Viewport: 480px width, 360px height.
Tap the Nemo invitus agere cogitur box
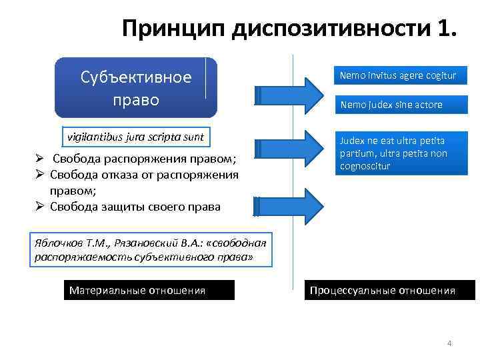(x=398, y=75)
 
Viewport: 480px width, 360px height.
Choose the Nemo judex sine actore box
(x=398, y=105)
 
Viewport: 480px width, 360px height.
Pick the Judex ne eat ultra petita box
(x=398, y=154)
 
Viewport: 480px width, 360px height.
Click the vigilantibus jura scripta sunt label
(x=135, y=137)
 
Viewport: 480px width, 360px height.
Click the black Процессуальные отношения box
(x=390, y=290)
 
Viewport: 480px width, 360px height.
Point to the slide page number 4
(x=449, y=343)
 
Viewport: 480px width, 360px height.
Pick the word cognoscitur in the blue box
(x=365, y=166)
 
